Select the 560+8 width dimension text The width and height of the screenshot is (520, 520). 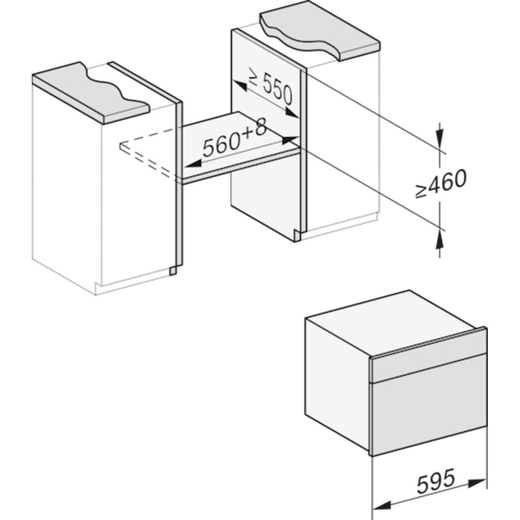point(235,139)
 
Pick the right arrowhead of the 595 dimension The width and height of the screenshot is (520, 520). point(477,483)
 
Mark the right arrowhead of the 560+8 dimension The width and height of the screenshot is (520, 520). point(290,139)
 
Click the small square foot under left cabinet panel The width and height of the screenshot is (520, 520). point(173,271)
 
